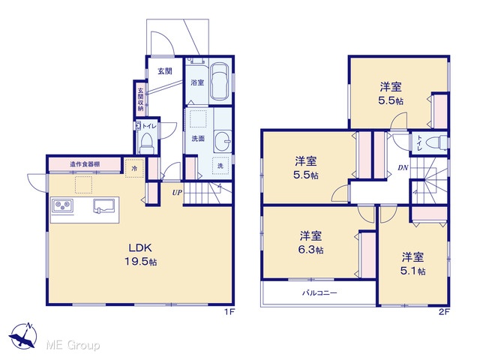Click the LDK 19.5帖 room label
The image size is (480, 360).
tap(140, 254)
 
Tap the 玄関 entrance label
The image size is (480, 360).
tap(165, 71)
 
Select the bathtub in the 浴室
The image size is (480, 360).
tap(220, 82)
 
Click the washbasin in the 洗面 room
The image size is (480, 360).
tap(223, 141)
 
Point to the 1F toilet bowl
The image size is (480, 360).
tap(146, 143)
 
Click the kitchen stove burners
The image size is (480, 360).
tap(63, 205)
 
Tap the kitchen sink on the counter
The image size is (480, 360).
tap(103, 205)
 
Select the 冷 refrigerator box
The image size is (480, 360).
tap(134, 168)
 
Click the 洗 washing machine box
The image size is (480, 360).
tap(220, 166)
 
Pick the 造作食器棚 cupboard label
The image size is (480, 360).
tap(85, 164)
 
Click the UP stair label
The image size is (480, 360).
tap(177, 193)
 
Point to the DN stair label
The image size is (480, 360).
tap(403, 167)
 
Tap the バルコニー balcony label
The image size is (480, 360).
tap(320, 293)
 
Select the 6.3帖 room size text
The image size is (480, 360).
tap(310, 250)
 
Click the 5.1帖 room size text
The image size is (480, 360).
tap(413, 271)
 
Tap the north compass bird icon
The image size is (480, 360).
tap(23, 335)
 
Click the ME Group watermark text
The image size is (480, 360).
tap(73, 345)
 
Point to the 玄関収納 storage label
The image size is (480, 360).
tap(140, 100)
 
